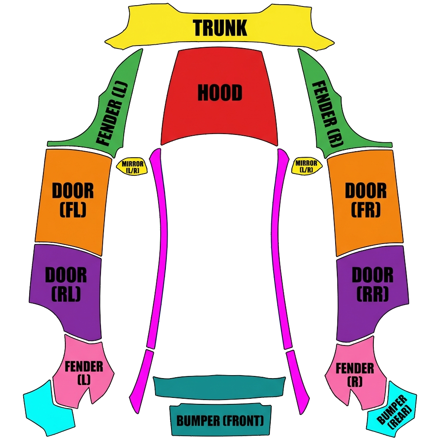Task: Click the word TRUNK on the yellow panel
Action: click(220, 27)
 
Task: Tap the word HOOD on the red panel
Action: click(220, 93)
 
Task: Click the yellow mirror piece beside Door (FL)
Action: click(132, 166)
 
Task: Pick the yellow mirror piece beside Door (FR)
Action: click(306, 166)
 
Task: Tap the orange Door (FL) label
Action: click(73, 200)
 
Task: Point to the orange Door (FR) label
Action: click(366, 200)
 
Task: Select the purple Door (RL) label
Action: click(66, 284)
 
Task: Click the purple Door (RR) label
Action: click(373, 284)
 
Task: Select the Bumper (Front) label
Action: click(220, 421)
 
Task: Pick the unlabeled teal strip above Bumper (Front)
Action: click(220, 387)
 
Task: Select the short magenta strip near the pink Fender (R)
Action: click(298, 382)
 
